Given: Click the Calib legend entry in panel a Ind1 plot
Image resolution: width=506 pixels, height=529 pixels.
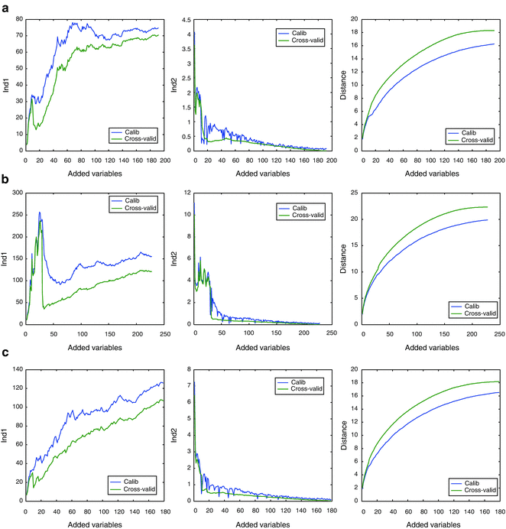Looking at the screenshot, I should (x=132, y=131).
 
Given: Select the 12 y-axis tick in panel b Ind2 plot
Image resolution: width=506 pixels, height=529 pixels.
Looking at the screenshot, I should (x=186, y=190).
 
